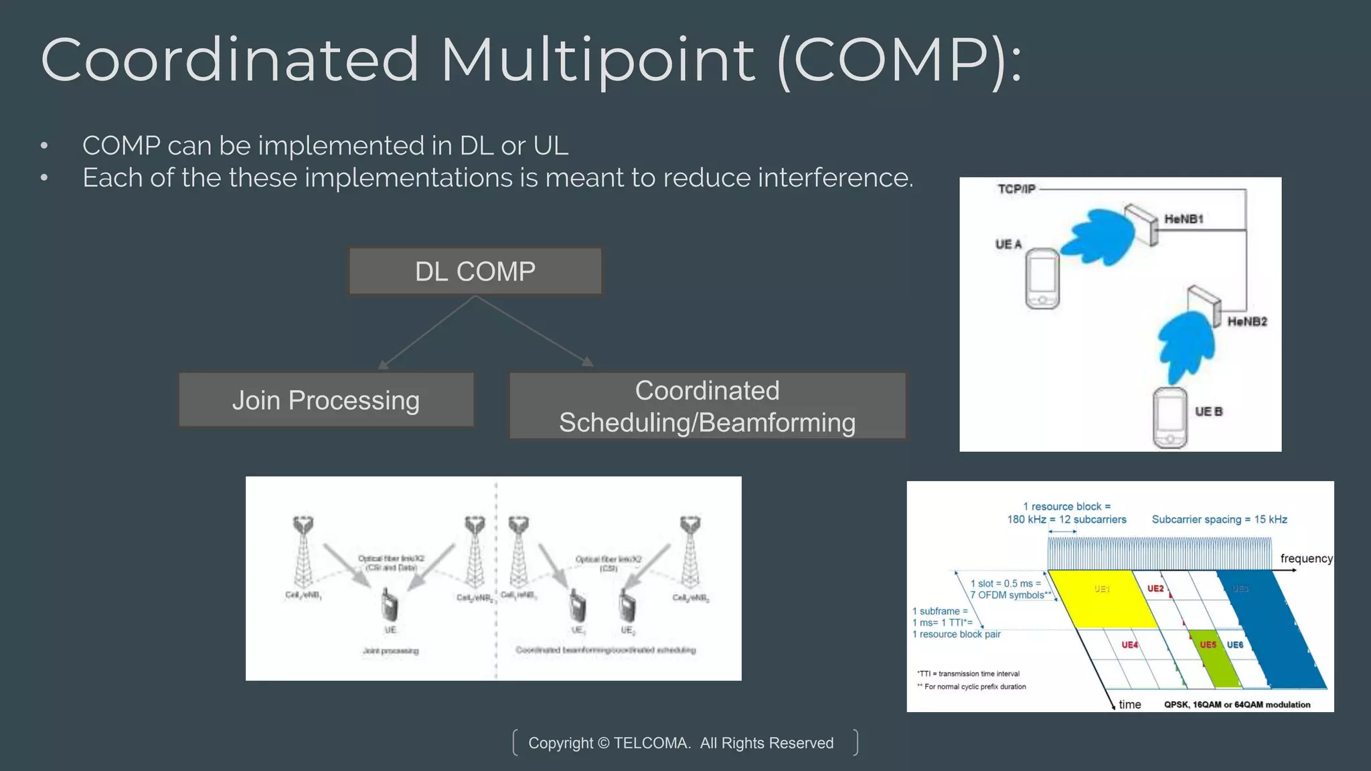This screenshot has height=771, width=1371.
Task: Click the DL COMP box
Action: point(475,271)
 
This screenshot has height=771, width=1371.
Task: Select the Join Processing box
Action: point(326,400)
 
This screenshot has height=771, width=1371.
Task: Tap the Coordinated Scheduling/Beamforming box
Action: point(707,406)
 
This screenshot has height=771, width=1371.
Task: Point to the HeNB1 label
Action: point(1184,219)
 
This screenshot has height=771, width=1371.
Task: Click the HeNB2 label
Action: point(1246,322)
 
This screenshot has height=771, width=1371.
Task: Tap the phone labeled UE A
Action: point(1042,278)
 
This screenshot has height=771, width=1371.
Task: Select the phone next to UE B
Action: point(1170,418)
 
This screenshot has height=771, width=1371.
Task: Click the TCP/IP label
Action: point(1016,189)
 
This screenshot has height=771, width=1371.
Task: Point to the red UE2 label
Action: point(1155,589)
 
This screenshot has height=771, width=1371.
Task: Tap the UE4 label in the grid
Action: point(1129,645)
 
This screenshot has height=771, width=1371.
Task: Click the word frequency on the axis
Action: point(1305,559)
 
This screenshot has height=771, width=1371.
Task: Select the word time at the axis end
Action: point(1129,705)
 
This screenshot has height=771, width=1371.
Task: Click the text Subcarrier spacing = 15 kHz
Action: point(1219,519)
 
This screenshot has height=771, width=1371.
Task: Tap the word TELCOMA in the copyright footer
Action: point(651,743)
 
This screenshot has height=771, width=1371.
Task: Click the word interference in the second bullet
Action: point(834,178)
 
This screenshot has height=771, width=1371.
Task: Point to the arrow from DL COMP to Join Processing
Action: point(427,333)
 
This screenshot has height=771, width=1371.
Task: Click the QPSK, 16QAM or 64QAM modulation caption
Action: point(1236,705)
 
